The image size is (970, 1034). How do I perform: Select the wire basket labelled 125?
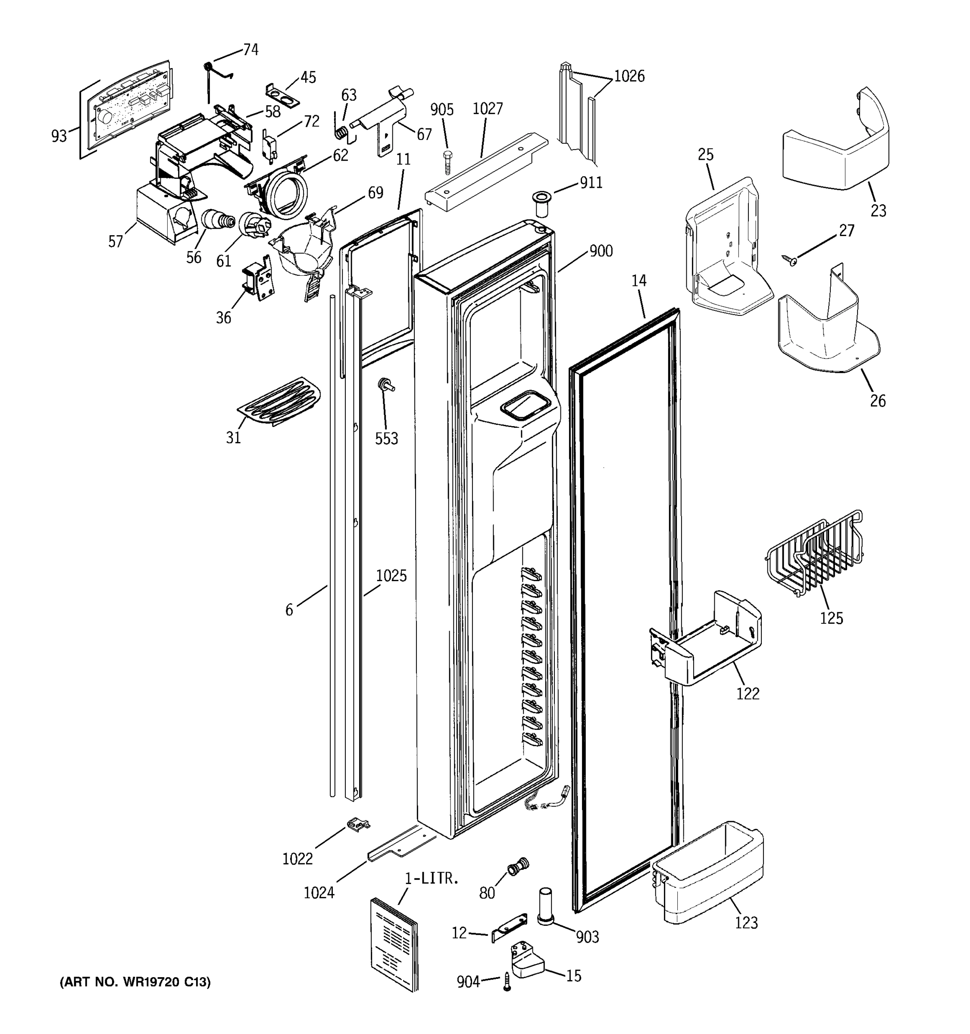coord(814,554)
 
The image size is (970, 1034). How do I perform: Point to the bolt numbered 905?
coord(447,163)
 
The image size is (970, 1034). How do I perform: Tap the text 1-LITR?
coord(432,878)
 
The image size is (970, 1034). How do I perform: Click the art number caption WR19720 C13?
coord(136,982)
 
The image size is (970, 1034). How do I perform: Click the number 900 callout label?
coord(601,251)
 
